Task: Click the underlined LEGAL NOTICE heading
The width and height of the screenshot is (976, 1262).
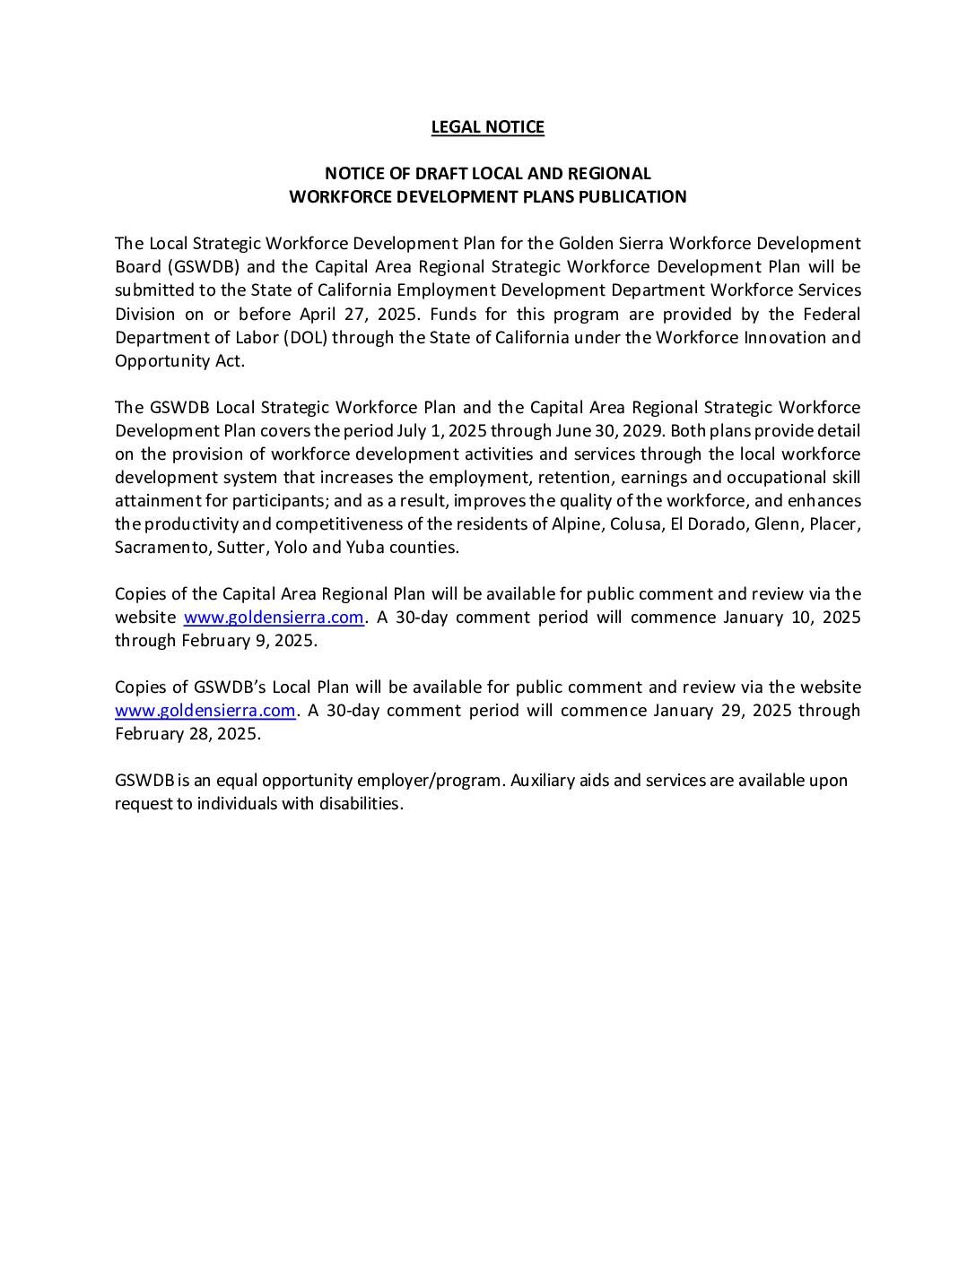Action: [487, 127]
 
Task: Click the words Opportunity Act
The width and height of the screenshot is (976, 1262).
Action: [179, 361]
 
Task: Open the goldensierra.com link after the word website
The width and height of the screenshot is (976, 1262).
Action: [274, 618]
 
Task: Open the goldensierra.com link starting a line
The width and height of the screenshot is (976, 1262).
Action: [205, 711]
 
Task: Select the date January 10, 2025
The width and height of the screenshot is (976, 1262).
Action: [791, 618]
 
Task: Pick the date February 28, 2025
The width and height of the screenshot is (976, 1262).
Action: [187, 734]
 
